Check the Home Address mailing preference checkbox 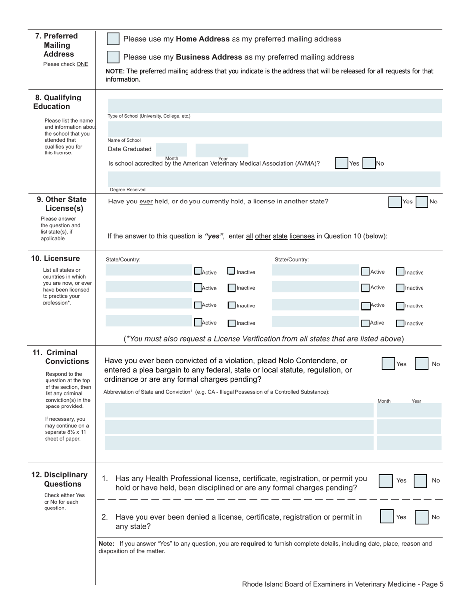point(113,39)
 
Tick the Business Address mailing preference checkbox point(113,57)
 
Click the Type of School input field point(275,105)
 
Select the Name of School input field point(275,129)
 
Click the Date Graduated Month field point(171,150)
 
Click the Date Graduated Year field point(222,150)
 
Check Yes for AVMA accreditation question point(341,163)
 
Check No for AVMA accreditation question point(369,163)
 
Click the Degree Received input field point(274,179)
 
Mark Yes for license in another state point(395,202)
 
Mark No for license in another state point(422,202)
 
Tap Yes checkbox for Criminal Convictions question point(388,364)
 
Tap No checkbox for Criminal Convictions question point(421,364)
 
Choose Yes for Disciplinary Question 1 point(386,481)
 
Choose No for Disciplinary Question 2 point(422,517)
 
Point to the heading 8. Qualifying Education point(57,102)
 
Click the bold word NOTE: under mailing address point(115,71)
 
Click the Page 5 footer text point(342,584)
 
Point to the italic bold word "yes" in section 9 point(214,236)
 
